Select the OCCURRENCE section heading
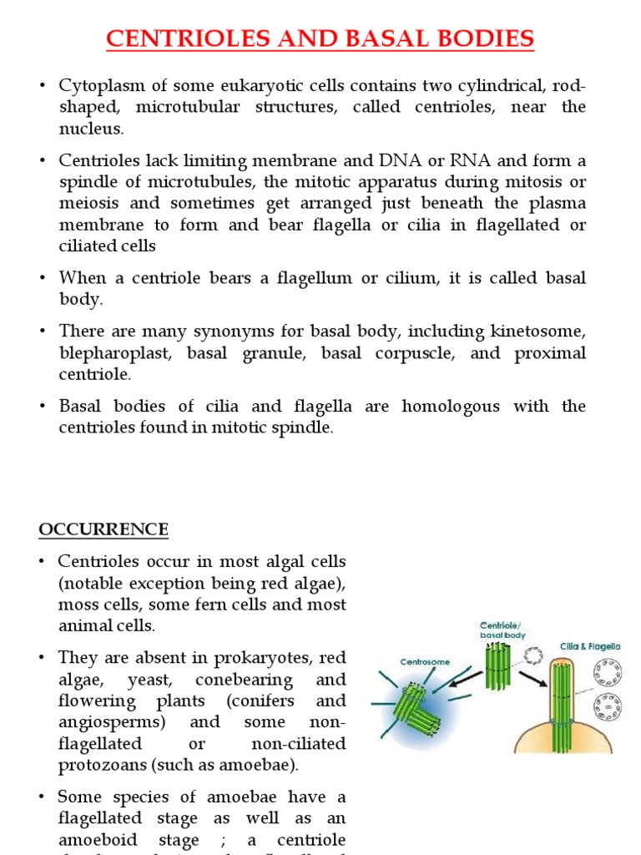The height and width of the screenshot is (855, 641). pyautogui.click(x=103, y=529)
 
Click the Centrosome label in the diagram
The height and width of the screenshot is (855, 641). pyautogui.click(x=425, y=662)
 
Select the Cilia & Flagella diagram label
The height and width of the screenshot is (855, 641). pyautogui.click(x=589, y=646)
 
